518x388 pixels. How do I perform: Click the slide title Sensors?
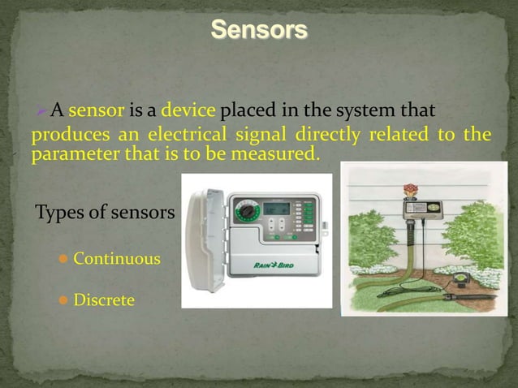pos(259,30)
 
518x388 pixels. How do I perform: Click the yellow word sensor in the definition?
pos(96,110)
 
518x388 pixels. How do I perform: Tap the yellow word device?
pos(188,110)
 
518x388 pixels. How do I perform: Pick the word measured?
pos(279,153)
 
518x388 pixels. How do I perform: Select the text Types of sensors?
pos(105,213)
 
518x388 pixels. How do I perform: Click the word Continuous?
pos(116,259)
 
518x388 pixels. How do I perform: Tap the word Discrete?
pos(104,300)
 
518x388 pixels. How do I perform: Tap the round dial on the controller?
pos(248,212)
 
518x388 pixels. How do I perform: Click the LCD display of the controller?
pos(276,208)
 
